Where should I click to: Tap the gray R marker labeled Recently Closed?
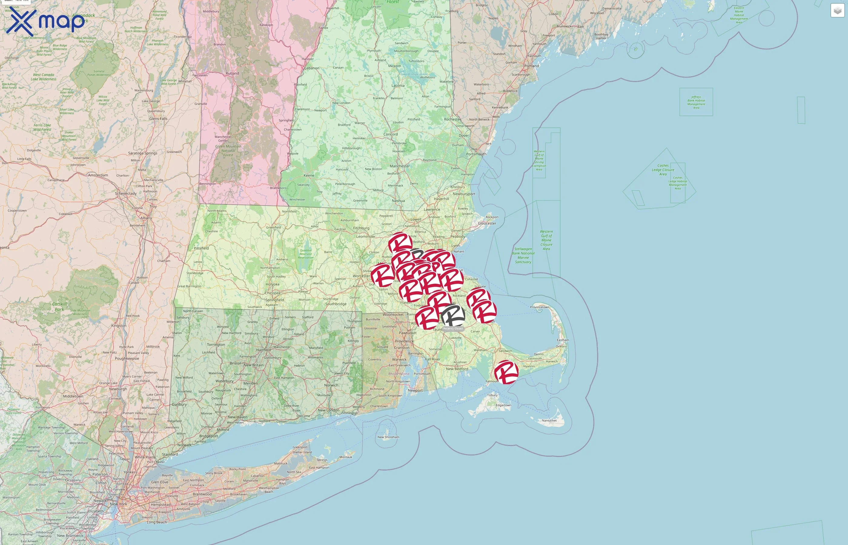(453, 316)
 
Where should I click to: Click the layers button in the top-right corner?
(837, 11)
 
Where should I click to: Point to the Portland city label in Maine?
(532, 66)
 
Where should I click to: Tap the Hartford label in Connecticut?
(263, 350)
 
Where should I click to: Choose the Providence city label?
(404, 342)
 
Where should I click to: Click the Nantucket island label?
(549, 421)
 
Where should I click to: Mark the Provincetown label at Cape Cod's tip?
(539, 307)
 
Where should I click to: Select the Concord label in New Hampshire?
(390, 134)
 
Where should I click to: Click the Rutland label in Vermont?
(232, 74)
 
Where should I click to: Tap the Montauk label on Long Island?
(346, 457)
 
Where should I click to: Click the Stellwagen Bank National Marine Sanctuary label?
(523, 256)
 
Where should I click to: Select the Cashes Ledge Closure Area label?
(663, 170)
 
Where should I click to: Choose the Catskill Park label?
(59, 306)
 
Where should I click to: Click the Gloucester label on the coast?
(487, 223)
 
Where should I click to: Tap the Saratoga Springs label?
(142, 153)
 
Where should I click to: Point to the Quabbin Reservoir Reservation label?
(306, 254)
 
